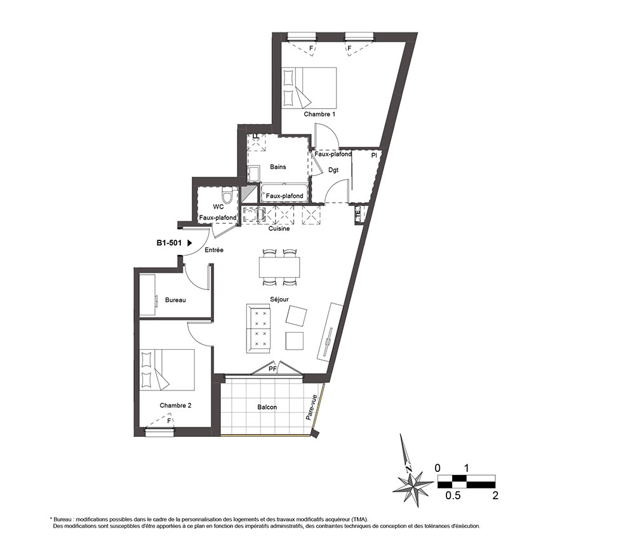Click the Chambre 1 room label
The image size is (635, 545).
[319, 114]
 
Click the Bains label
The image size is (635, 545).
[278, 167]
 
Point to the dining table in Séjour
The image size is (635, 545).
[280, 267]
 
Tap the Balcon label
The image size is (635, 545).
[267, 407]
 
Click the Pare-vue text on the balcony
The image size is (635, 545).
[311, 408]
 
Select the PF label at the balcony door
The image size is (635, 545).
[272, 369]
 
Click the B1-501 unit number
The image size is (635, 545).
[169, 243]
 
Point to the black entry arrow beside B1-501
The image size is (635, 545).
[189, 243]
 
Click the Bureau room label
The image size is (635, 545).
[175, 300]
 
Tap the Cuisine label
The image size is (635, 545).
[279, 229]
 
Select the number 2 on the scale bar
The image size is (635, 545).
[495, 495]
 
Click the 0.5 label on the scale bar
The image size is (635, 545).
[453, 495]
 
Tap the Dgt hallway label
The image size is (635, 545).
[333, 170]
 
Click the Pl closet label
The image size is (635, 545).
[374, 155]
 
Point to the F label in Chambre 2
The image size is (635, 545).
[170, 420]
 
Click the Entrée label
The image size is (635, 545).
[214, 250]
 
